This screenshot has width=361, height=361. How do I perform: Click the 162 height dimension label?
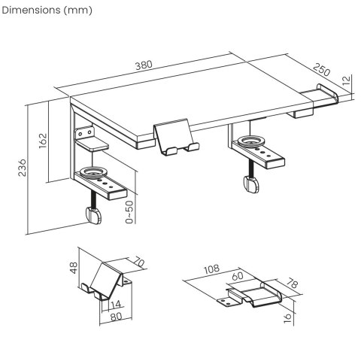click(x=43, y=141)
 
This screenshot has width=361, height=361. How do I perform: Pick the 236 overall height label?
click(x=23, y=166)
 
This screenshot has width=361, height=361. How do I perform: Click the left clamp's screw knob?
click(x=95, y=216)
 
